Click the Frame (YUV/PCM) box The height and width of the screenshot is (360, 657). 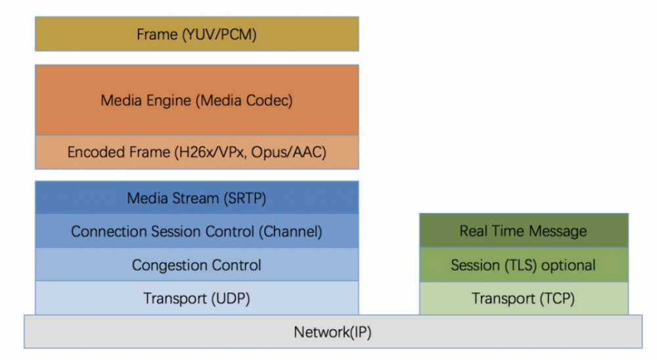(196, 34)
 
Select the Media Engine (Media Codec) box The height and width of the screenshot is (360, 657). (196, 101)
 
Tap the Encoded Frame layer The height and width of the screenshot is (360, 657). (196, 152)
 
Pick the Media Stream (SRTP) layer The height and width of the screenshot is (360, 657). (196, 198)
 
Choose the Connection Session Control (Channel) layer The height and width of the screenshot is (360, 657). (196, 231)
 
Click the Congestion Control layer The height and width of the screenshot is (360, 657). (196, 265)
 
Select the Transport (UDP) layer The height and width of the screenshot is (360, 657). (196, 298)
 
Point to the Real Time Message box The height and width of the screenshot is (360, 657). (523, 231)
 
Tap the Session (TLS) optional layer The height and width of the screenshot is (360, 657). (523, 265)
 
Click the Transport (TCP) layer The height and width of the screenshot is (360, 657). (523, 298)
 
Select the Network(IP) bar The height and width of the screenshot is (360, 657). (332, 332)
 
